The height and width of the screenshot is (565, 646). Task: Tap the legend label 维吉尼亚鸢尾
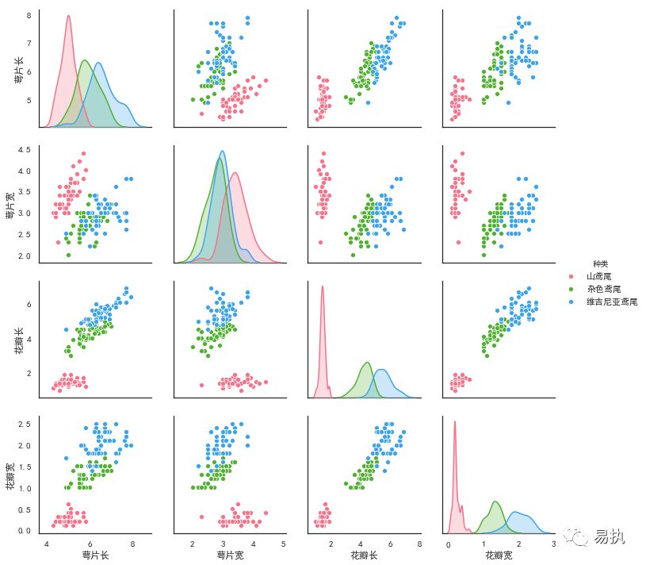(x=611, y=302)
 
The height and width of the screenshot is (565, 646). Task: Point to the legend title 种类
(x=600, y=263)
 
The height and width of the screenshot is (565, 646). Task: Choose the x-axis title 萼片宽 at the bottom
(x=230, y=556)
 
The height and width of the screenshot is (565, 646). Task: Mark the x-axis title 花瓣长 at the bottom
(x=364, y=556)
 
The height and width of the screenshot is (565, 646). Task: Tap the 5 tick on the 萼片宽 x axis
(x=283, y=544)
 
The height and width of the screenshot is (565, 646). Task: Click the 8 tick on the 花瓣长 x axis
(x=419, y=544)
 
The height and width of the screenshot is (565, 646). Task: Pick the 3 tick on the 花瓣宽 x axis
(x=552, y=544)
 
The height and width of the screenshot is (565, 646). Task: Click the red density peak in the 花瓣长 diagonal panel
(x=323, y=286)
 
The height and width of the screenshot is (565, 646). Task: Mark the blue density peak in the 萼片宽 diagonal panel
(x=223, y=152)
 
